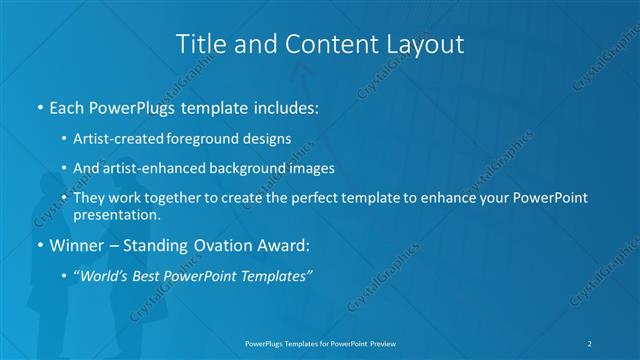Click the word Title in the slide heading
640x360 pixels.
click(198, 44)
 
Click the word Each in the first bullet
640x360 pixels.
click(67, 107)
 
